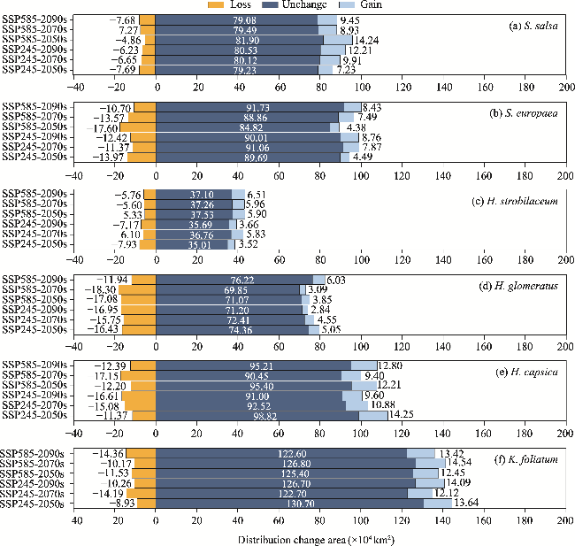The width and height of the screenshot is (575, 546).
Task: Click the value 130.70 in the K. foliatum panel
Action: click(x=284, y=503)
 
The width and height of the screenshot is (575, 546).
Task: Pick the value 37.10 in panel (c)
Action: click(x=194, y=194)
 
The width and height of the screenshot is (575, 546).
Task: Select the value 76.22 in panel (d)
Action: click(x=234, y=280)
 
